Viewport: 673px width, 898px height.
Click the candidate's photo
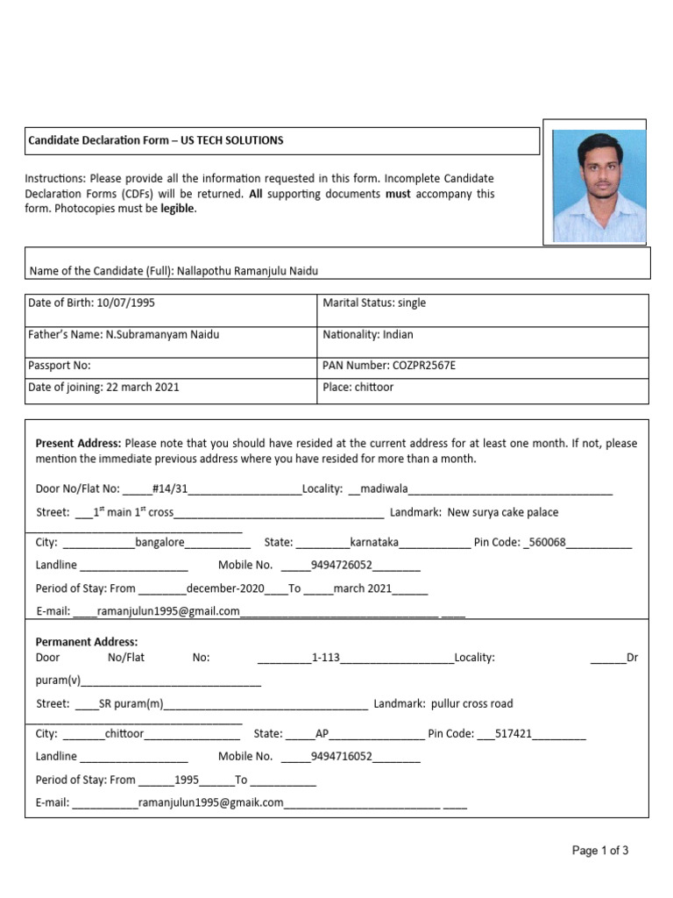tap(599, 186)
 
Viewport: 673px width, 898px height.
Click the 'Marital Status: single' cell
tap(374, 303)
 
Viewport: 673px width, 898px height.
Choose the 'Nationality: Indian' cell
tap(368, 334)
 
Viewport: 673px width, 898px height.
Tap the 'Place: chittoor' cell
tap(358, 387)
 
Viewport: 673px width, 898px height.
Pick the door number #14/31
tap(170, 488)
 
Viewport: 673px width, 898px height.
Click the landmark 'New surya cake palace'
tap(502, 512)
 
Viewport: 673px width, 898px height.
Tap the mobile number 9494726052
tap(341, 566)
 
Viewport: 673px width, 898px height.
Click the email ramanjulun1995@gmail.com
tap(168, 611)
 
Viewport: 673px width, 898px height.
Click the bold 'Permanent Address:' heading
tap(87, 642)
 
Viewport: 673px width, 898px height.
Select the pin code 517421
tap(514, 734)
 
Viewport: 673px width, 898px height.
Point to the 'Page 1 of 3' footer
tap(600, 851)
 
